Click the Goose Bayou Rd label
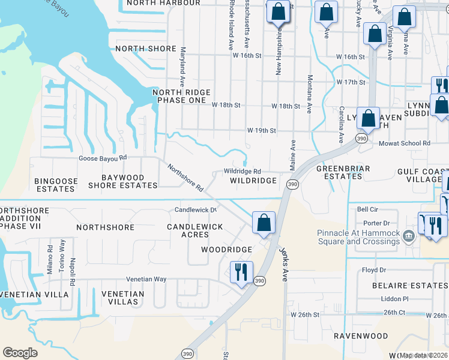click(103, 158)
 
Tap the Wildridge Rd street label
click(242, 171)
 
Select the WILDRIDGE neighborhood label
click(253, 181)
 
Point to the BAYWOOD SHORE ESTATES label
click(122, 182)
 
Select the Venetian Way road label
click(146, 279)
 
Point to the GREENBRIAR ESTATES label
click(343, 173)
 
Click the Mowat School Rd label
click(405, 143)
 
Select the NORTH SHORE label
click(146, 49)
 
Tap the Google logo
click(20, 353)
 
